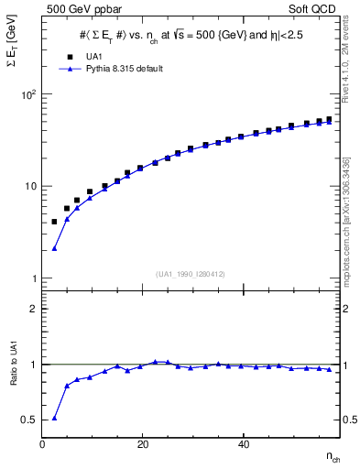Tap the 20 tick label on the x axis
(143, 444)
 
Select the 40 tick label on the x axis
(244, 444)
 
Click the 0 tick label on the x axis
(43, 444)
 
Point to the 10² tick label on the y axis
(28, 94)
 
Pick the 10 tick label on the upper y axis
(30, 186)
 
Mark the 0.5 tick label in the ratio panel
(30, 420)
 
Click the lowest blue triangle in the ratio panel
(55, 418)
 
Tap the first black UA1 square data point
(55, 222)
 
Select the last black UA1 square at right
(329, 119)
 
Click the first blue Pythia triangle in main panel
(55, 248)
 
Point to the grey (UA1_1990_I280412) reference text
(191, 274)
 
